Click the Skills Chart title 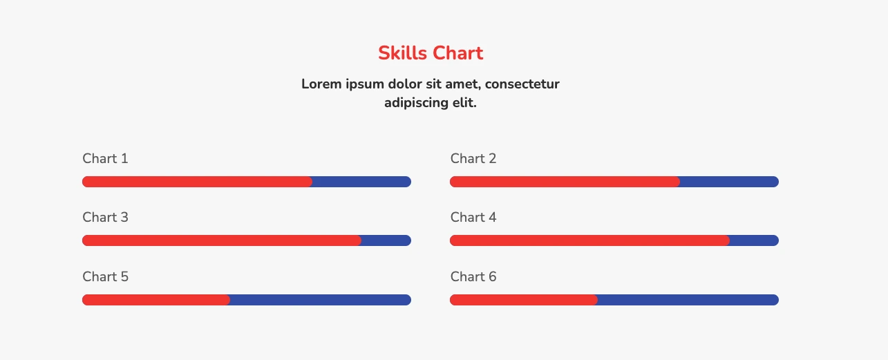click(431, 53)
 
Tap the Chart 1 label click(105, 159)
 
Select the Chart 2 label click(473, 159)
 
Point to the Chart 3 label click(105, 217)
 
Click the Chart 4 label click(473, 217)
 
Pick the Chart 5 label click(105, 277)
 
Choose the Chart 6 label click(473, 277)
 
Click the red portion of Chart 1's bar click(197, 182)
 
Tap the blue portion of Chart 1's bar click(361, 182)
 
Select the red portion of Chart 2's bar click(565, 182)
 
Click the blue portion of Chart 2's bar click(730, 182)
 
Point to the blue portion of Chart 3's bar click(386, 240)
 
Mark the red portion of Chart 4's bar click(589, 240)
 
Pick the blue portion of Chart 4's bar click(755, 240)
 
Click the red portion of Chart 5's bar click(155, 300)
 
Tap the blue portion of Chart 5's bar click(321, 300)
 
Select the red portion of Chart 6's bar click(524, 300)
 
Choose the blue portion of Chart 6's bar click(688, 300)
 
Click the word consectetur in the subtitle click(522, 84)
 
